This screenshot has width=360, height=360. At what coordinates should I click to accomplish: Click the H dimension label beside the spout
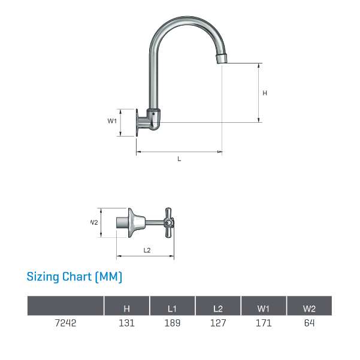(x=264, y=93)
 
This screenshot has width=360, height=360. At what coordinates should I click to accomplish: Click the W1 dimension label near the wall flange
(x=111, y=121)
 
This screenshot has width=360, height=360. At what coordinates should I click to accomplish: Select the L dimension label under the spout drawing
(x=179, y=159)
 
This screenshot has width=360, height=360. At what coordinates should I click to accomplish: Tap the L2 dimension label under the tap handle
(x=147, y=250)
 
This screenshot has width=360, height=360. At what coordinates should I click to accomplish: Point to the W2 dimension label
(x=94, y=222)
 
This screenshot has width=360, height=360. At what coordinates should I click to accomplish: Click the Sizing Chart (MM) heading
(x=74, y=277)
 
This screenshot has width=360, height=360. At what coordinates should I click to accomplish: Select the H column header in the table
(x=126, y=308)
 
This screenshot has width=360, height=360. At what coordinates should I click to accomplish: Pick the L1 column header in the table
(x=173, y=308)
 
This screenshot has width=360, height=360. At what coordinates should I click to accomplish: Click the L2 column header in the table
(x=218, y=308)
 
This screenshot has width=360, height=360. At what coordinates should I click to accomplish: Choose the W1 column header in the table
(x=264, y=308)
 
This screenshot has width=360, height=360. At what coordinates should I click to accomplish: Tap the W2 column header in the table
(x=309, y=308)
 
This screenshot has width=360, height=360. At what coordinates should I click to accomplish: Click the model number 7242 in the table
(x=65, y=323)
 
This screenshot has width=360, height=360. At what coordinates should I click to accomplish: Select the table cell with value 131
(x=126, y=323)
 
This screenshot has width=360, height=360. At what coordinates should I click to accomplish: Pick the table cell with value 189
(x=173, y=323)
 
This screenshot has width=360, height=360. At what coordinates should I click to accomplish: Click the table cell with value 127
(x=218, y=323)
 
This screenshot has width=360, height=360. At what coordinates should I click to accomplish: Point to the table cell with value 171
(x=264, y=323)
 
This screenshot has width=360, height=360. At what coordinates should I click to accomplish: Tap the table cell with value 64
(x=309, y=323)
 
